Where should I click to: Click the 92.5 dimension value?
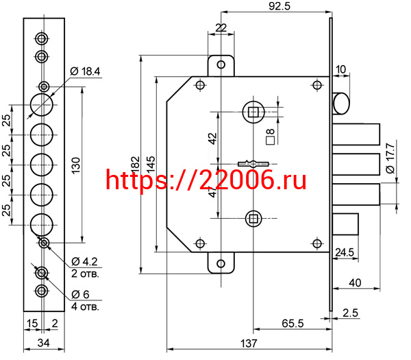click(281, 7)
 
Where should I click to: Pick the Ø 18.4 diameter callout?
click(86, 71)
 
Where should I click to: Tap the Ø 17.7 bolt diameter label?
click(390, 158)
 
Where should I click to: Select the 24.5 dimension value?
click(345, 253)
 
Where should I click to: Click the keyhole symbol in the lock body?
click(254, 163)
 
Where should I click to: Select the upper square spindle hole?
click(253, 112)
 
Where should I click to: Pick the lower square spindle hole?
click(253, 219)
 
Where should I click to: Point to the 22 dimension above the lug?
click(221, 27)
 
